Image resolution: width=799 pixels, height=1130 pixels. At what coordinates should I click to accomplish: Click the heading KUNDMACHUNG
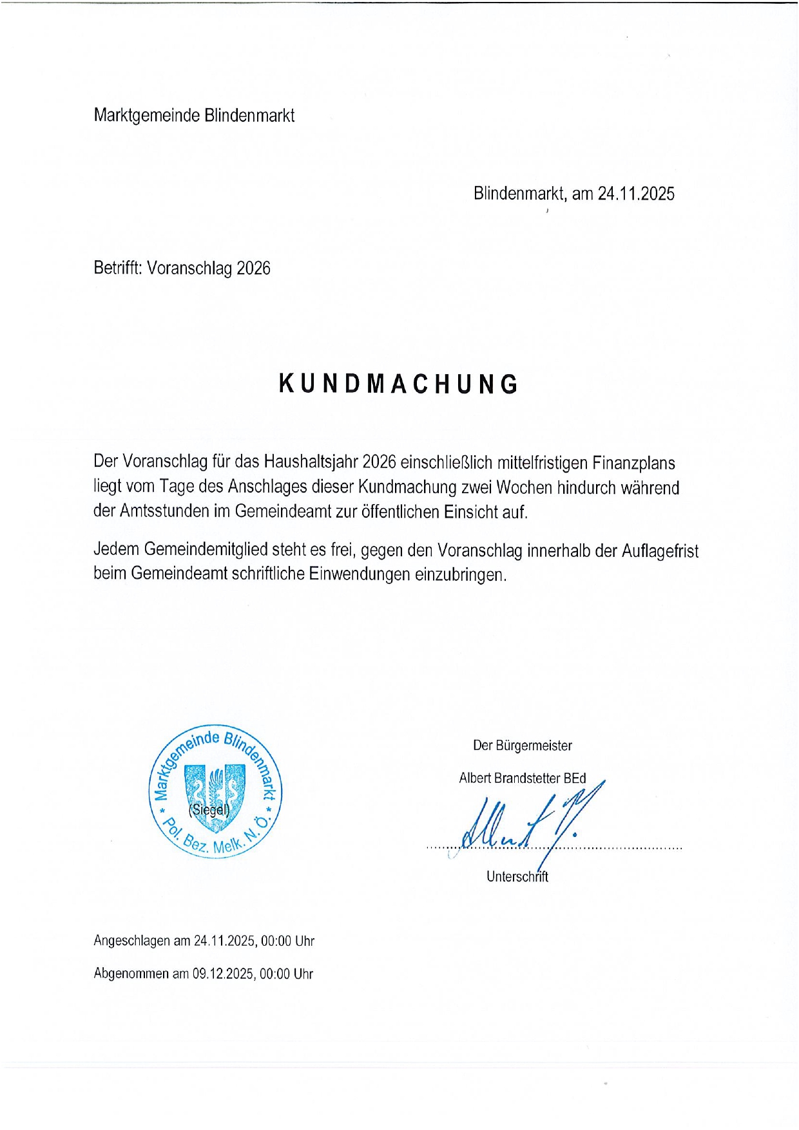(x=399, y=384)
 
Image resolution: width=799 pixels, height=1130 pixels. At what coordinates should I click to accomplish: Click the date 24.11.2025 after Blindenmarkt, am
(x=636, y=193)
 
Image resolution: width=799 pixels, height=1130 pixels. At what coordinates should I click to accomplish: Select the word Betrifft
(x=117, y=267)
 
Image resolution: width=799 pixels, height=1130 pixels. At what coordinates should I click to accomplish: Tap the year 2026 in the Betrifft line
(x=253, y=268)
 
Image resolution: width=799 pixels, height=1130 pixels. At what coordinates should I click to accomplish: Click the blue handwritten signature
(x=528, y=821)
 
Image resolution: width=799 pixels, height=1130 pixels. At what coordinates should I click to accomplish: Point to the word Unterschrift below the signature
(x=517, y=876)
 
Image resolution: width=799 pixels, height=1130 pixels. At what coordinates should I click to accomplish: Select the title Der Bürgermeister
(x=523, y=746)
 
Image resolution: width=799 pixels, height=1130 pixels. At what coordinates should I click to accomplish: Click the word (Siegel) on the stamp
(x=209, y=809)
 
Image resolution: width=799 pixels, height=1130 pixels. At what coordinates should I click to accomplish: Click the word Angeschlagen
(x=132, y=941)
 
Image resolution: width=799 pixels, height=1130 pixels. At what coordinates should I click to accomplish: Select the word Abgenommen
(x=131, y=974)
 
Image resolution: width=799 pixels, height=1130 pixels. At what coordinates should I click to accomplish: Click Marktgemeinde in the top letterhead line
(x=147, y=115)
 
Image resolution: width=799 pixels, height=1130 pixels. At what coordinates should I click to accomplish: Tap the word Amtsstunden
(x=174, y=511)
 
